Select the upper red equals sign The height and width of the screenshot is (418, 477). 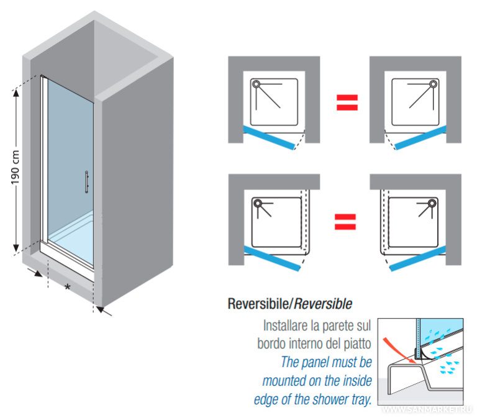(x=347, y=101)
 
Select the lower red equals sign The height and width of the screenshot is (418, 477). (x=347, y=222)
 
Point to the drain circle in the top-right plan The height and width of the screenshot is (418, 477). (x=432, y=84)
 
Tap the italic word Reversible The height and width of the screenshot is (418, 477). (x=323, y=304)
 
